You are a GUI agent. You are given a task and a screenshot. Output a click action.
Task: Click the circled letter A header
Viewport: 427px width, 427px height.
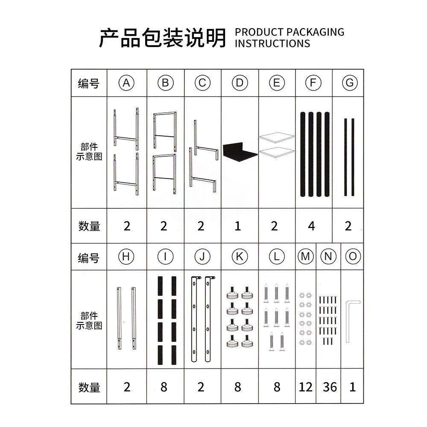[126, 83]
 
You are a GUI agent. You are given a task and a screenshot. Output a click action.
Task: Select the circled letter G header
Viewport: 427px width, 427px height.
[350, 83]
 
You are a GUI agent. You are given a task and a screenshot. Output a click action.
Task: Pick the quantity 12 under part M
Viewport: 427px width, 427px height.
[306, 387]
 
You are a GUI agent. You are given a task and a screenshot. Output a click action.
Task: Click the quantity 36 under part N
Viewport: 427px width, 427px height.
[330, 387]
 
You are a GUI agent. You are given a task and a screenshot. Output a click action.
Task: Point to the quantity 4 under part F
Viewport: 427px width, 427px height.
[312, 226]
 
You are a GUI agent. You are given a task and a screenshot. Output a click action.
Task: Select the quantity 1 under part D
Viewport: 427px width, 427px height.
[238, 226]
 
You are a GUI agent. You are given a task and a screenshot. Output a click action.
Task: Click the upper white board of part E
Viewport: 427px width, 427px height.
[277, 138]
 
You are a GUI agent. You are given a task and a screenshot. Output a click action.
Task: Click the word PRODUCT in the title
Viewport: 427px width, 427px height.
[259, 32]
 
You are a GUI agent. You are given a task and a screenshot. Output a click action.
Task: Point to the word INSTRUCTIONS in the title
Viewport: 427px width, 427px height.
[272, 43]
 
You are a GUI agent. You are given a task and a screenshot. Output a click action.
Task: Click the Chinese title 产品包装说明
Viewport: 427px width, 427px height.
[162, 38]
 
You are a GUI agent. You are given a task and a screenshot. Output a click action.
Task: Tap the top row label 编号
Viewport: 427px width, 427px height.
[89, 83]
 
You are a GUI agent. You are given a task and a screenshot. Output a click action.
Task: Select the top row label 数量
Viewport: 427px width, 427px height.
[89, 226]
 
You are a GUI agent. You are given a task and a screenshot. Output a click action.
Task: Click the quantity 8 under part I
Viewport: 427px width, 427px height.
[164, 387]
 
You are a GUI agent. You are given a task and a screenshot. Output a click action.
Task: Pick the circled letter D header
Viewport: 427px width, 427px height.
[240, 83]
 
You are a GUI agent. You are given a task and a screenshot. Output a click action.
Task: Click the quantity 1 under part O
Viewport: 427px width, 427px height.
[353, 387]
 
